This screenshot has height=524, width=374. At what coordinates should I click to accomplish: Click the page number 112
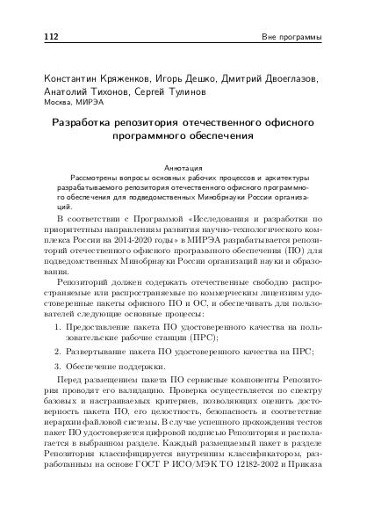coord(40,38)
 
